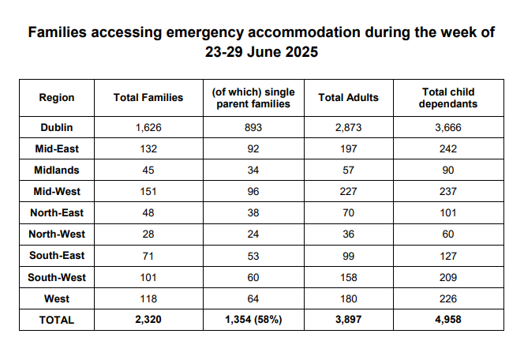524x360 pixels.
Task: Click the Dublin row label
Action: click(x=57, y=126)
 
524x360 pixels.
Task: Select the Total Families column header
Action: click(x=148, y=97)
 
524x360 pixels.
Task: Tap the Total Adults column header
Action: click(x=348, y=97)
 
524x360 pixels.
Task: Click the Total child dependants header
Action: click(x=447, y=97)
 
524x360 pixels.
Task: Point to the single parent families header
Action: click(x=252, y=97)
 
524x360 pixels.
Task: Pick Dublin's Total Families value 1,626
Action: click(x=148, y=126)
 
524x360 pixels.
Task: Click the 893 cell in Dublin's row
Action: click(x=252, y=126)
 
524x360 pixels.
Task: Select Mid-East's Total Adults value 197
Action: click(x=348, y=148)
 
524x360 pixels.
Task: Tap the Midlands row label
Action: click(x=57, y=170)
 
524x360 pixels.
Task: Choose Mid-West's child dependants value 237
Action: click(x=447, y=191)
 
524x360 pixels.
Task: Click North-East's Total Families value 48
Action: click(x=148, y=212)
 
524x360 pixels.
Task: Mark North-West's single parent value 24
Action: click(x=252, y=234)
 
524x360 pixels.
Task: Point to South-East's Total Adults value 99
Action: click(x=348, y=256)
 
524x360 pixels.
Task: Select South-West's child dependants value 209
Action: click(x=447, y=277)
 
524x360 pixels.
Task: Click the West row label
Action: click(x=57, y=298)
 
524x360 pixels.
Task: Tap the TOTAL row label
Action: click(x=57, y=320)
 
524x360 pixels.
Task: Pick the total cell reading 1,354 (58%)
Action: click(x=252, y=320)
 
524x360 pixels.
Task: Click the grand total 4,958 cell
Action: click(x=447, y=320)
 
